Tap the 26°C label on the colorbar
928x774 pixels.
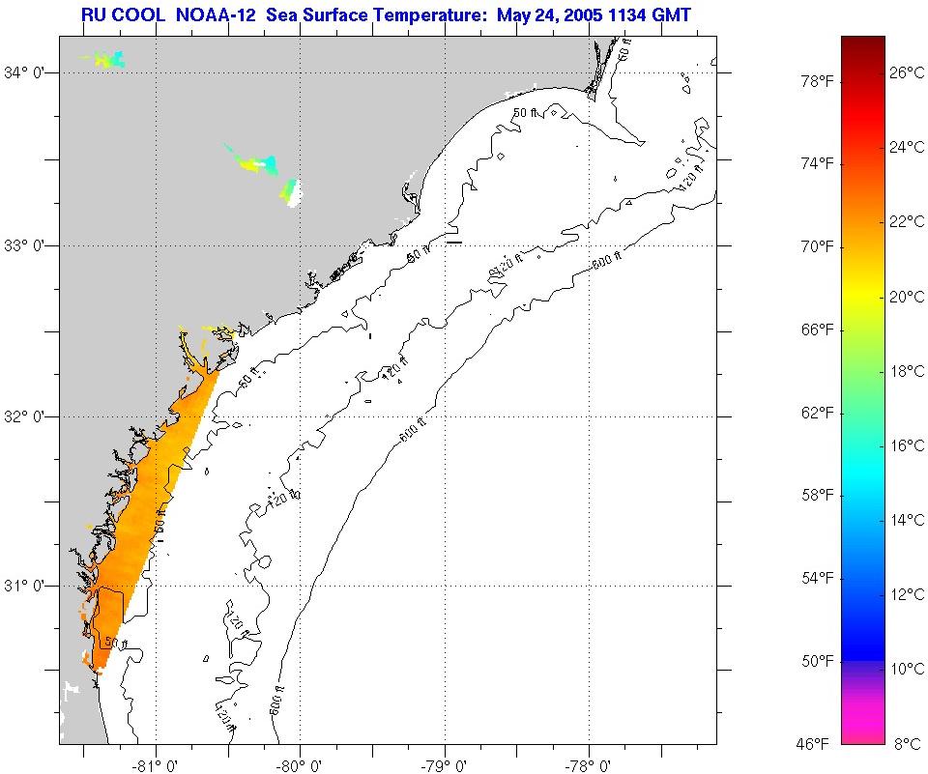click(908, 72)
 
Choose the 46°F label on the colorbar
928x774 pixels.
click(812, 743)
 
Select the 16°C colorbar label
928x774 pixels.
click(908, 445)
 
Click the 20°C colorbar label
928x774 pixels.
click(908, 297)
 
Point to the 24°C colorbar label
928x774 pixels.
click(908, 147)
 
